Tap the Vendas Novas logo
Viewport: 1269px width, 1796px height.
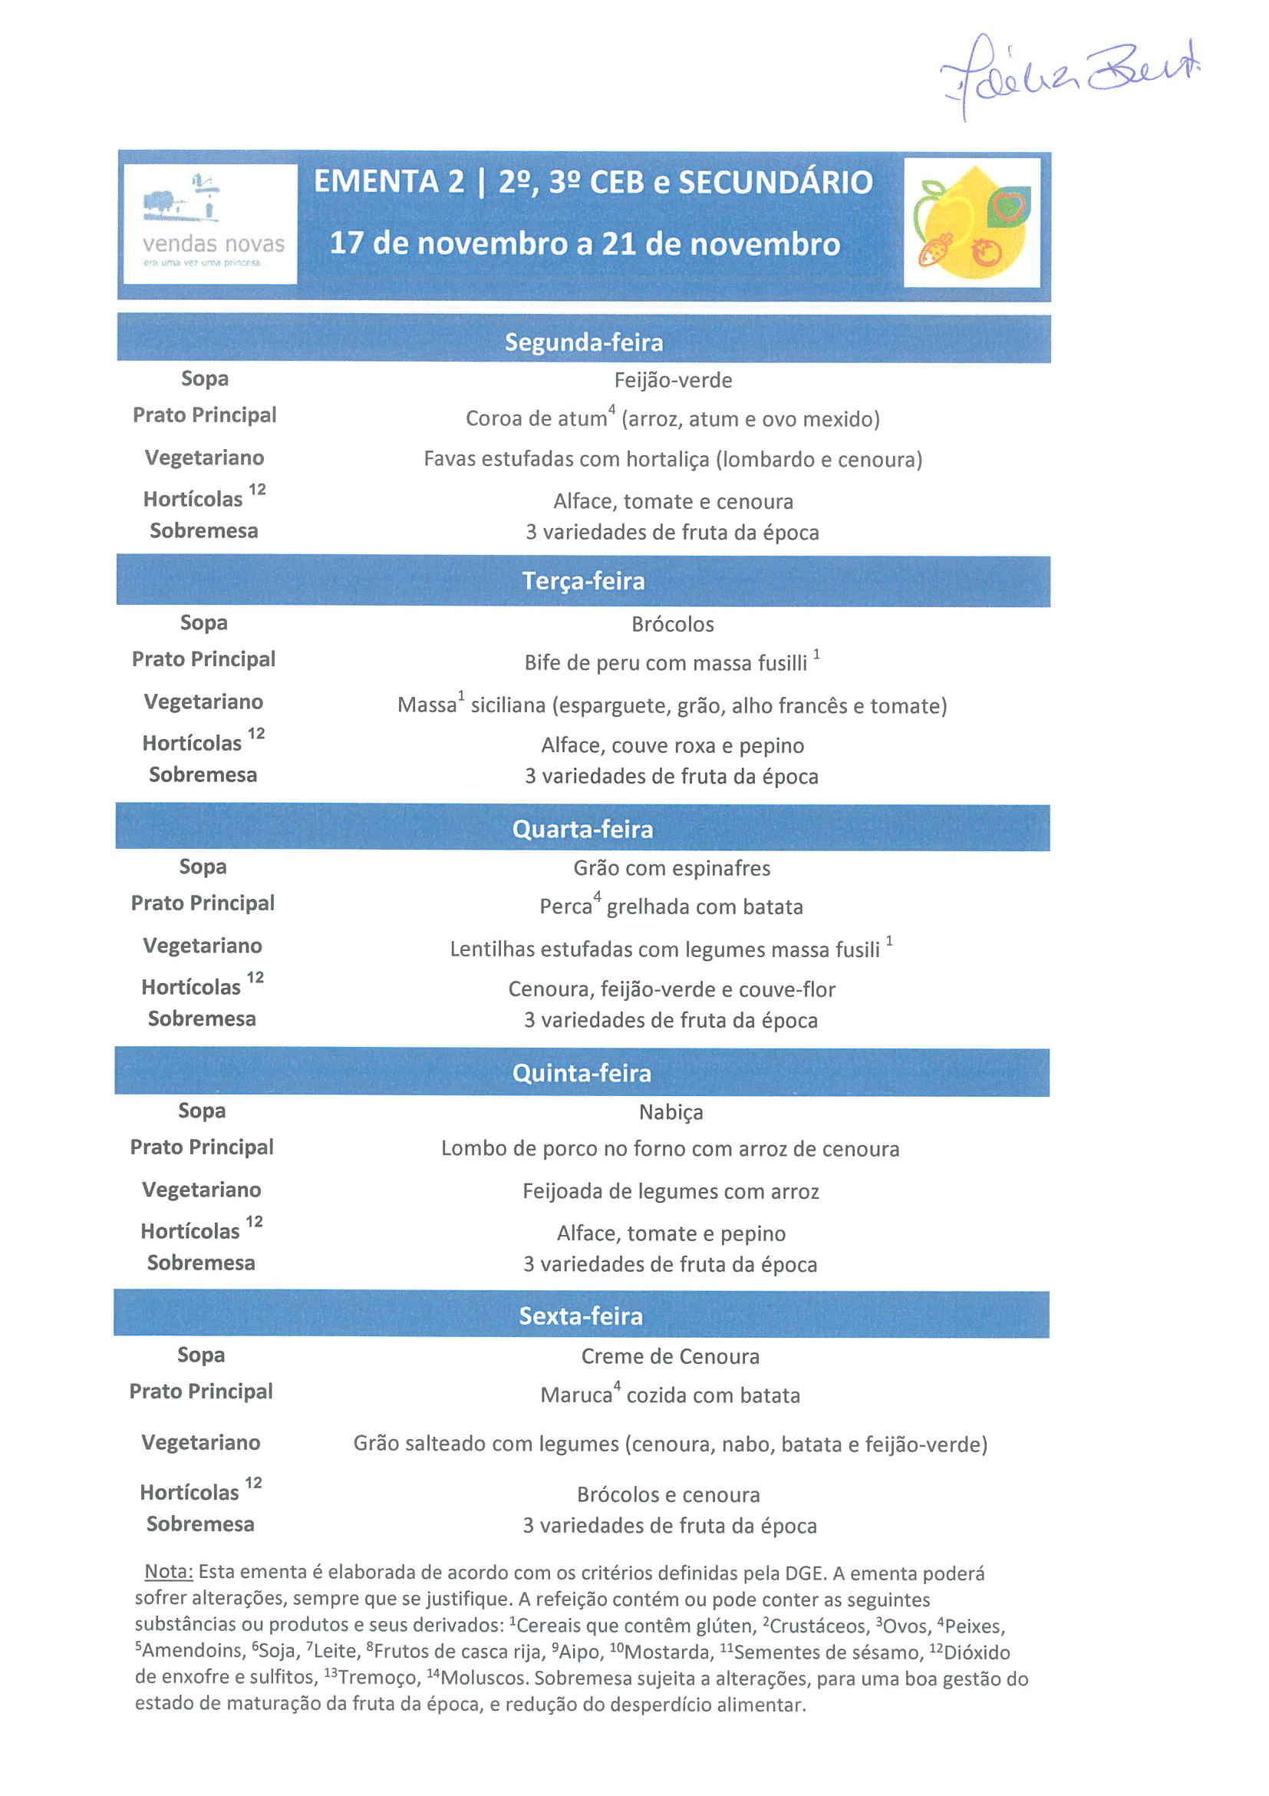209,223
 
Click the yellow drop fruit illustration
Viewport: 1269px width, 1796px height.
971,222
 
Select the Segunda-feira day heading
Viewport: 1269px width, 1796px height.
583,342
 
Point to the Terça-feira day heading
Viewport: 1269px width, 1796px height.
583,580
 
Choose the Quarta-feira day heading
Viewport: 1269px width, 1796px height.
582,828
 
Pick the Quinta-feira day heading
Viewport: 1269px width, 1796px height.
582,1072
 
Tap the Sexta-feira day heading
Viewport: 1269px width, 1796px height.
581,1316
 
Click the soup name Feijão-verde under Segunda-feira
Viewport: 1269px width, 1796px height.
672,380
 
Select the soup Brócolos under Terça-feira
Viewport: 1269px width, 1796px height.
672,624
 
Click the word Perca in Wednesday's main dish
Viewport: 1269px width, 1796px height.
565,906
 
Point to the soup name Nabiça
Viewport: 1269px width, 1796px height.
671,1111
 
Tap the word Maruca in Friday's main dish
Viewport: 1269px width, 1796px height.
576,1395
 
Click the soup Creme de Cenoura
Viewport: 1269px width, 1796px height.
670,1356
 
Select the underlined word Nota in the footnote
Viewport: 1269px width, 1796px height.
168,1573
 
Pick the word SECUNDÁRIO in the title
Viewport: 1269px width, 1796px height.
775,182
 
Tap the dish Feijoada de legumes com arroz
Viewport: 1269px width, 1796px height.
670,1191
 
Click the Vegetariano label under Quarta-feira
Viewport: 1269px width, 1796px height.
203,946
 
